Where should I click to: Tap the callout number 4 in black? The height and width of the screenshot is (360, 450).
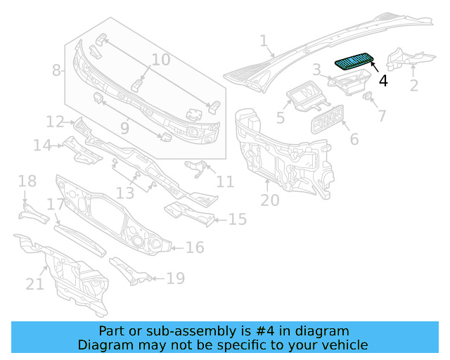(383, 80)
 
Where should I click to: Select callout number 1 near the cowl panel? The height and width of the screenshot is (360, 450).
(264, 41)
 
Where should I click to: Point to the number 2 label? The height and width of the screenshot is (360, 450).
(414, 85)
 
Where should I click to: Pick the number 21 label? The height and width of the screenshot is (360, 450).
(35, 283)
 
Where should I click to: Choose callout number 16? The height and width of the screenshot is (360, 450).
(195, 247)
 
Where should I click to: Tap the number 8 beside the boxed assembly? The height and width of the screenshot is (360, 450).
(57, 70)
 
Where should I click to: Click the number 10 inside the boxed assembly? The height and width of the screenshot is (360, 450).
(161, 60)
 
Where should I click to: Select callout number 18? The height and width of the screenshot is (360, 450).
(27, 182)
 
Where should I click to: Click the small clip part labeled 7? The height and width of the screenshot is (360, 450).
(366, 96)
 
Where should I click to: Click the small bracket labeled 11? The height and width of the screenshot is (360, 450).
(195, 167)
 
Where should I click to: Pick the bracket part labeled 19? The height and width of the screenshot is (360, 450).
(131, 271)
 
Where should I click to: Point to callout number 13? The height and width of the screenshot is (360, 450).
(124, 192)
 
